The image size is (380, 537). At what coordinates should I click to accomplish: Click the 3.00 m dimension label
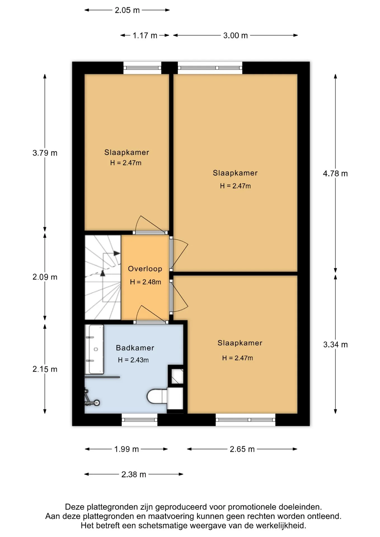(x=235, y=36)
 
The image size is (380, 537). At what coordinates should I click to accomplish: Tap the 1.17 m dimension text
(x=145, y=36)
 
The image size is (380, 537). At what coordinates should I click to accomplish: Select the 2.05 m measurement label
(x=127, y=10)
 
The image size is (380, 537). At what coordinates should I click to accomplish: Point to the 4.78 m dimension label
(x=335, y=174)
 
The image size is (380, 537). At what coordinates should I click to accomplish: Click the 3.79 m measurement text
(x=45, y=153)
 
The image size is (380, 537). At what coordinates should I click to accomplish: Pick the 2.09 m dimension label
(x=45, y=277)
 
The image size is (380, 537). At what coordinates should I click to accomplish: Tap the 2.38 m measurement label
(x=134, y=474)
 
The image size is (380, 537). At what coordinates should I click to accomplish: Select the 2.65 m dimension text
(x=242, y=449)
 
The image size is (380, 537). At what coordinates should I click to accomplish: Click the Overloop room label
(x=145, y=269)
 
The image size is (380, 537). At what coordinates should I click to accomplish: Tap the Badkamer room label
(x=135, y=348)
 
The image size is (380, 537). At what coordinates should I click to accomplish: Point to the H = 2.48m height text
(x=146, y=282)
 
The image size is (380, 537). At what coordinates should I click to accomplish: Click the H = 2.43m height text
(x=133, y=360)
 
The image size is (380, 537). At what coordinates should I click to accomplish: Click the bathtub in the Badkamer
(x=94, y=349)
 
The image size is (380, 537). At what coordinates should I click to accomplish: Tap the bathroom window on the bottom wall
(x=139, y=420)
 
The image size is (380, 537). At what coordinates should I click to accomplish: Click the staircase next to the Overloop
(x=103, y=277)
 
